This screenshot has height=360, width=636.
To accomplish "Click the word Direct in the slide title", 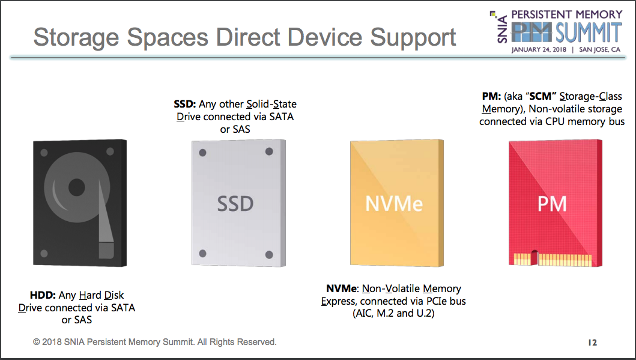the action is [248, 37].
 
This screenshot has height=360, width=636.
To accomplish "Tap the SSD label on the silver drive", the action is [235, 204].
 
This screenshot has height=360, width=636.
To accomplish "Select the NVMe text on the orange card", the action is [394, 203].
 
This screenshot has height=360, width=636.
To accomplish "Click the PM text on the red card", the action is [552, 204].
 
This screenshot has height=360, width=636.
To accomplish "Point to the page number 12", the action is [593, 343].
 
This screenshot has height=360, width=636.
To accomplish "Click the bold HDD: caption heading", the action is [43, 295].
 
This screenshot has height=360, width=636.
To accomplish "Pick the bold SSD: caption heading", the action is [185, 104].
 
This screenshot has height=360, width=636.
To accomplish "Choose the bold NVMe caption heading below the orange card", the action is [342, 288].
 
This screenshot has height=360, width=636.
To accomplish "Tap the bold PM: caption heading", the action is [491, 96].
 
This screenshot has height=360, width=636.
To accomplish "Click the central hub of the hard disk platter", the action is [77, 188].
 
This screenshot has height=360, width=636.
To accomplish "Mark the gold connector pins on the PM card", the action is [553, 259].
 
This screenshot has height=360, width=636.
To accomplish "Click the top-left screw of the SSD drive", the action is [203, 153].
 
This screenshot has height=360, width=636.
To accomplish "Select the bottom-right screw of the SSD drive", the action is [269, 254].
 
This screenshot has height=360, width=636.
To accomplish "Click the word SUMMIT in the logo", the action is [589, 32].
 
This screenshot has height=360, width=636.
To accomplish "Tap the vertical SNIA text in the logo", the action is [502, 29].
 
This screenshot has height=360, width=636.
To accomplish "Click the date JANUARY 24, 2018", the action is [539, 49].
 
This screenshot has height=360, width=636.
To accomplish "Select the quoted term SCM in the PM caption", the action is [541, 96].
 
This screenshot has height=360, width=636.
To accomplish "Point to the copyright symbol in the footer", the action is [37, 342].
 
